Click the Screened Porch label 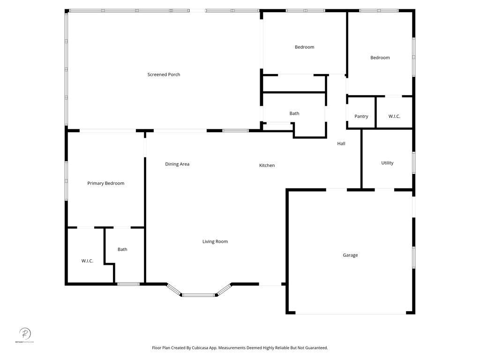tap(164, 75)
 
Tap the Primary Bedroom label tap(106, 183)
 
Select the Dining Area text tap(177, 164)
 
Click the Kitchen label tap(267, 165)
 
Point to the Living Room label tap(215, 241)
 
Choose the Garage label tap(350, 255)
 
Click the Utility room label tap(387, 163)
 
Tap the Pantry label tap(361, 116)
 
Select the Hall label tap(341, 143)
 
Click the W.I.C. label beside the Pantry tap(394, 116)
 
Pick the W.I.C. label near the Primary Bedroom tap(87, 261)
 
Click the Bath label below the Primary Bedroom tap(122, 249)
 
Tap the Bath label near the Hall tap(294, 113)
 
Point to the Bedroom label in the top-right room tap(380, 58)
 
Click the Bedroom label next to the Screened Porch tap(304, 47)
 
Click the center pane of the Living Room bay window tap(199, 295)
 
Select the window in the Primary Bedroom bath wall tap(128, 284)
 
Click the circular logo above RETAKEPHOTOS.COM tap(25, 334)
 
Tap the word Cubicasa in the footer tap(201, 348)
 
